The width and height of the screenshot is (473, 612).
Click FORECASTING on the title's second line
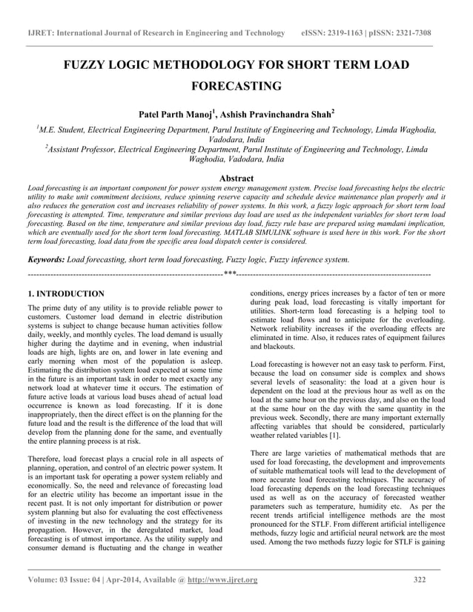click(236, 86)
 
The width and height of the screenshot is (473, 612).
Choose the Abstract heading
click(236, 179)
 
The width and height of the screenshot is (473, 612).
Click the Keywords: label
click(45, 260)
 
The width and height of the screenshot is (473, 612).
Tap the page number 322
click(420, 579)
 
